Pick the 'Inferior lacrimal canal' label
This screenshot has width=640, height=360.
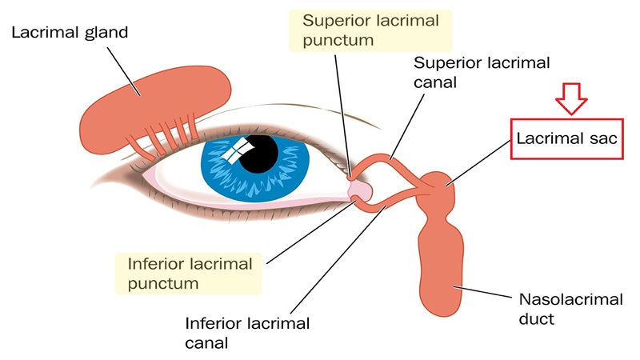click(248, 334)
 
